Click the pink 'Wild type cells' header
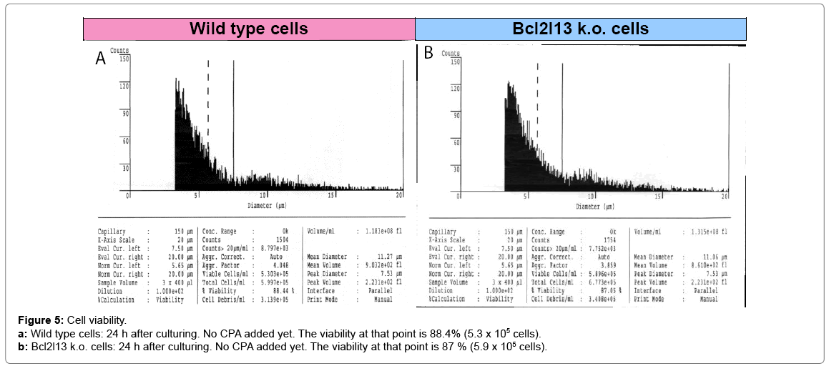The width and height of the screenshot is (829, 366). [x=248, y=29]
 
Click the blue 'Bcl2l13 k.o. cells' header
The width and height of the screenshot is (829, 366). [x=581, y=29]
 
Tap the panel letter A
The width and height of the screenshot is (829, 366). [x=101, y=59]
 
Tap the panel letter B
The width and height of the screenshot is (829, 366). [x=428, y=54]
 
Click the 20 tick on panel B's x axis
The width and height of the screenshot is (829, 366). [x=726, y=196]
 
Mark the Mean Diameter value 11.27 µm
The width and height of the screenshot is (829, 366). [x=385, y=257]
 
